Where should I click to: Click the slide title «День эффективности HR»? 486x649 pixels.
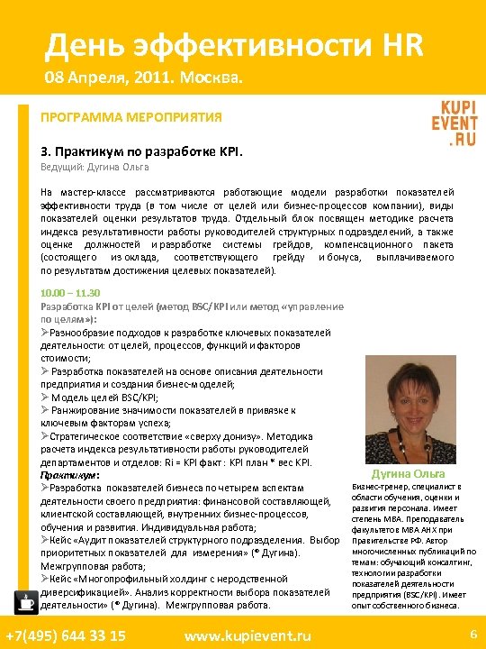pos(235,44)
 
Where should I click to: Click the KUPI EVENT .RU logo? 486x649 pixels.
pos(454,123)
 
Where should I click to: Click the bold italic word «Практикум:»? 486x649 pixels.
pos(69,475)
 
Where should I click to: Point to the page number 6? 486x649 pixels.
pos(472,635)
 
